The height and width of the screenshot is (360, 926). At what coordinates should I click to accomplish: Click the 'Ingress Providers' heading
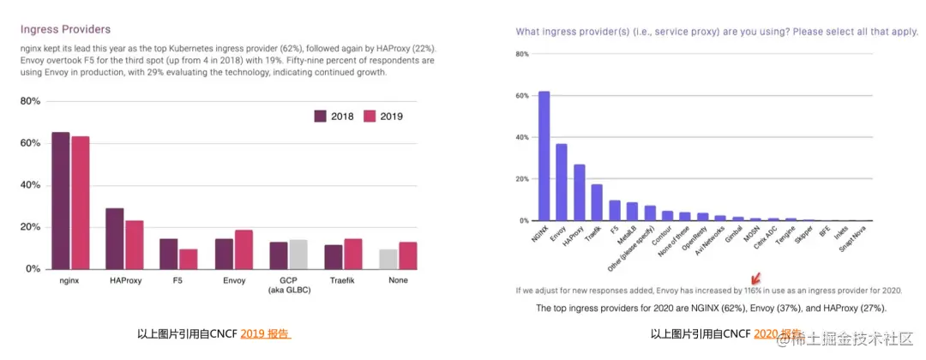point(65,29)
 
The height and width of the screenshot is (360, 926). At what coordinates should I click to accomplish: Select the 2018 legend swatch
point(321,116)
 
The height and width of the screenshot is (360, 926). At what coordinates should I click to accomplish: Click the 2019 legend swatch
point(370,116)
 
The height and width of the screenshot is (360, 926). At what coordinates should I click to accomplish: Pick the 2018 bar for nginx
point(61,201)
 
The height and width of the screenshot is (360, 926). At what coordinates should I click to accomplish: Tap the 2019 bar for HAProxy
point(134,245)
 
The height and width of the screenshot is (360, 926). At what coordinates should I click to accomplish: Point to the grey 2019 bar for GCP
point(298,255)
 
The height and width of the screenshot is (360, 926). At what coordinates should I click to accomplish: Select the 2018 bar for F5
point(169,254)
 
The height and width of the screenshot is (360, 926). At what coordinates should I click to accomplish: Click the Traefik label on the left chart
point(343,280)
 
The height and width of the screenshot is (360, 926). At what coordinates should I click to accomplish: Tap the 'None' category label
point(398,280)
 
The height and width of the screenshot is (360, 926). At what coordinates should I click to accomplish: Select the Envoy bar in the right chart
point(562,182)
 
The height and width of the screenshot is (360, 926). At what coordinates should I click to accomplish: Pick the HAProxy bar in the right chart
point(579,193)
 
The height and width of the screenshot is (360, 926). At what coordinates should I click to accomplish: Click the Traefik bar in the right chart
point(597,202)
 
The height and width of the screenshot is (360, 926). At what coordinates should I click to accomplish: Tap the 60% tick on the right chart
point(521,96)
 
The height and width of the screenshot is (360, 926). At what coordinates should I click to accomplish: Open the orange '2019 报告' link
point(265,333)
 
